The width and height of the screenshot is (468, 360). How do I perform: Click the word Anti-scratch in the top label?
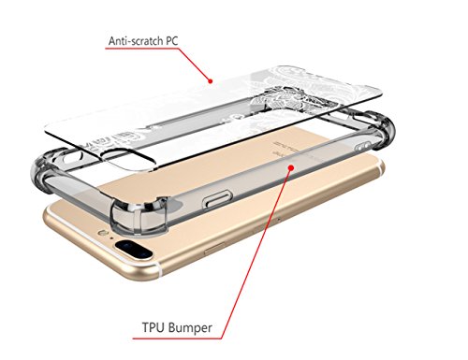click(x=136, y=41)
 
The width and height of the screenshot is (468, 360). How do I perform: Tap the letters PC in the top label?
click(x=171, y=41)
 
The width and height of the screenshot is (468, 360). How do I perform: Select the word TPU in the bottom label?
click(x=153, y=327)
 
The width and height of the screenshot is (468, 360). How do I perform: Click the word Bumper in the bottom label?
click(x=190, y=328)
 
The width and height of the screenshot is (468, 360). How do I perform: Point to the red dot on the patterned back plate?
click(x=211, y=81)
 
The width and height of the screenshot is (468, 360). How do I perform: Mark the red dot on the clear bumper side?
click(x=291, y=167)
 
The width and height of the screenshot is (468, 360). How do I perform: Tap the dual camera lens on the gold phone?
click(x=135, y=250)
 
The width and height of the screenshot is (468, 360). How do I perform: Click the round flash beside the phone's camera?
click(x=102, y=233)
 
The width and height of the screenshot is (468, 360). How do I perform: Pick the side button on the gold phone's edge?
click(x=214, y=249)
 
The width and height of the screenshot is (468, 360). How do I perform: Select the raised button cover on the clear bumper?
click(x=218, y=199)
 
